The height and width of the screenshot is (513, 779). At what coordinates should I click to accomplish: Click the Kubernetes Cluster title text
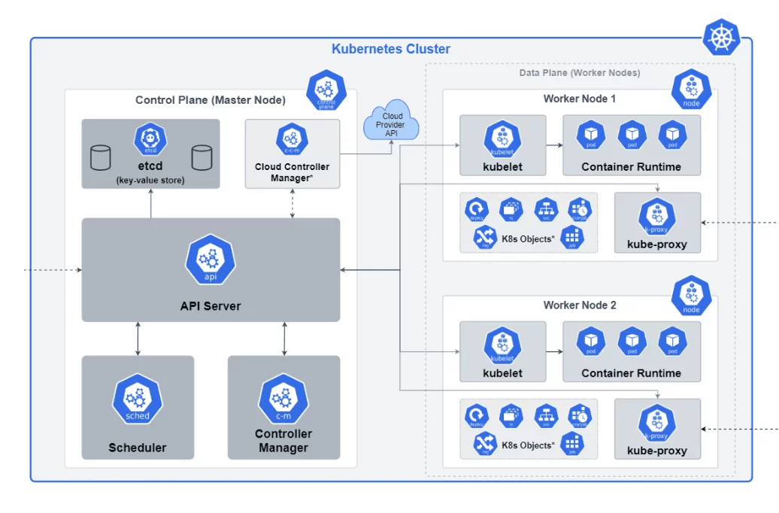(391, 49)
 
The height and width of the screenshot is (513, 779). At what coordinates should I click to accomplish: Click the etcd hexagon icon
(150, 139)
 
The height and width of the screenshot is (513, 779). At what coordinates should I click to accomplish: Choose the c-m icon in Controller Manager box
(283, 399)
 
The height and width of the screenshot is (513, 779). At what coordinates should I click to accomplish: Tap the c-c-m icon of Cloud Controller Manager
(292, 139)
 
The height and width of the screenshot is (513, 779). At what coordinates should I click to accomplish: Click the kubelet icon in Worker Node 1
(502, 138)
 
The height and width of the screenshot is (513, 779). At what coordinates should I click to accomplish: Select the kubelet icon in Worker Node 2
(502, 344)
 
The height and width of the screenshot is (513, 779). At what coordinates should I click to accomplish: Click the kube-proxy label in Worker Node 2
(657, 451)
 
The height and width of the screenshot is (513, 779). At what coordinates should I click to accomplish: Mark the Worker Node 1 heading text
(580, 99)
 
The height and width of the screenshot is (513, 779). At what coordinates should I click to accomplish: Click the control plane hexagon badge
(326, 90)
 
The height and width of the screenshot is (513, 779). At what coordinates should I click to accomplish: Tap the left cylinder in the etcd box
(100, 158)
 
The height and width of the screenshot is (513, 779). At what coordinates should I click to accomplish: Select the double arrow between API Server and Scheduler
(138, 338)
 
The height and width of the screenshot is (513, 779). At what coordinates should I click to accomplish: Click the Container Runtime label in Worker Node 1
(631, 166)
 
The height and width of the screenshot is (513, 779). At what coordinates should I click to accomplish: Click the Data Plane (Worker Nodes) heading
(580, 73)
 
